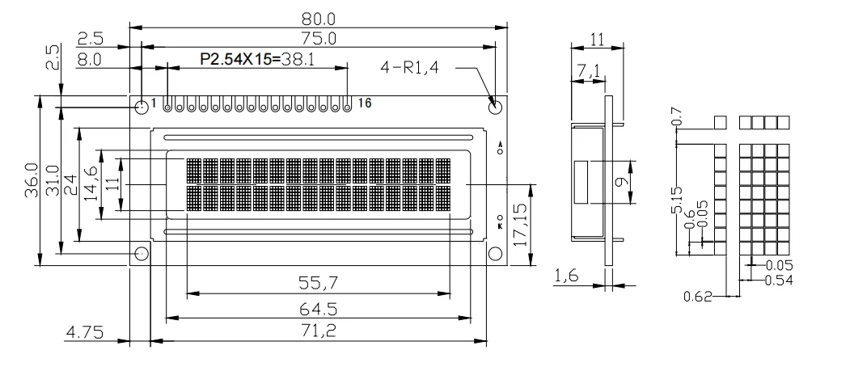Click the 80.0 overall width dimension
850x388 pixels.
[x=318, y=18]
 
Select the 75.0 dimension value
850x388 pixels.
[x=318, y=38]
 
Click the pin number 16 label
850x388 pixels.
[x=364, y=103]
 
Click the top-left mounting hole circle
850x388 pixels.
[x=142, y=106]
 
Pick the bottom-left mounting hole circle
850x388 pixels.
[x=142, y=254]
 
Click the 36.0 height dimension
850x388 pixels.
[x=31, y=179]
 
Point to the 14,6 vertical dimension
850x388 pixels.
[x=91, y=183]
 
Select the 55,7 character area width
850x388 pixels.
[x=318, y=283]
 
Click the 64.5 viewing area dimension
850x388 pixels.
[x=318, y=308]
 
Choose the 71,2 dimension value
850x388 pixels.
[x=318, y=331]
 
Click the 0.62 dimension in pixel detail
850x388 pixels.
[x=697, y=297]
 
